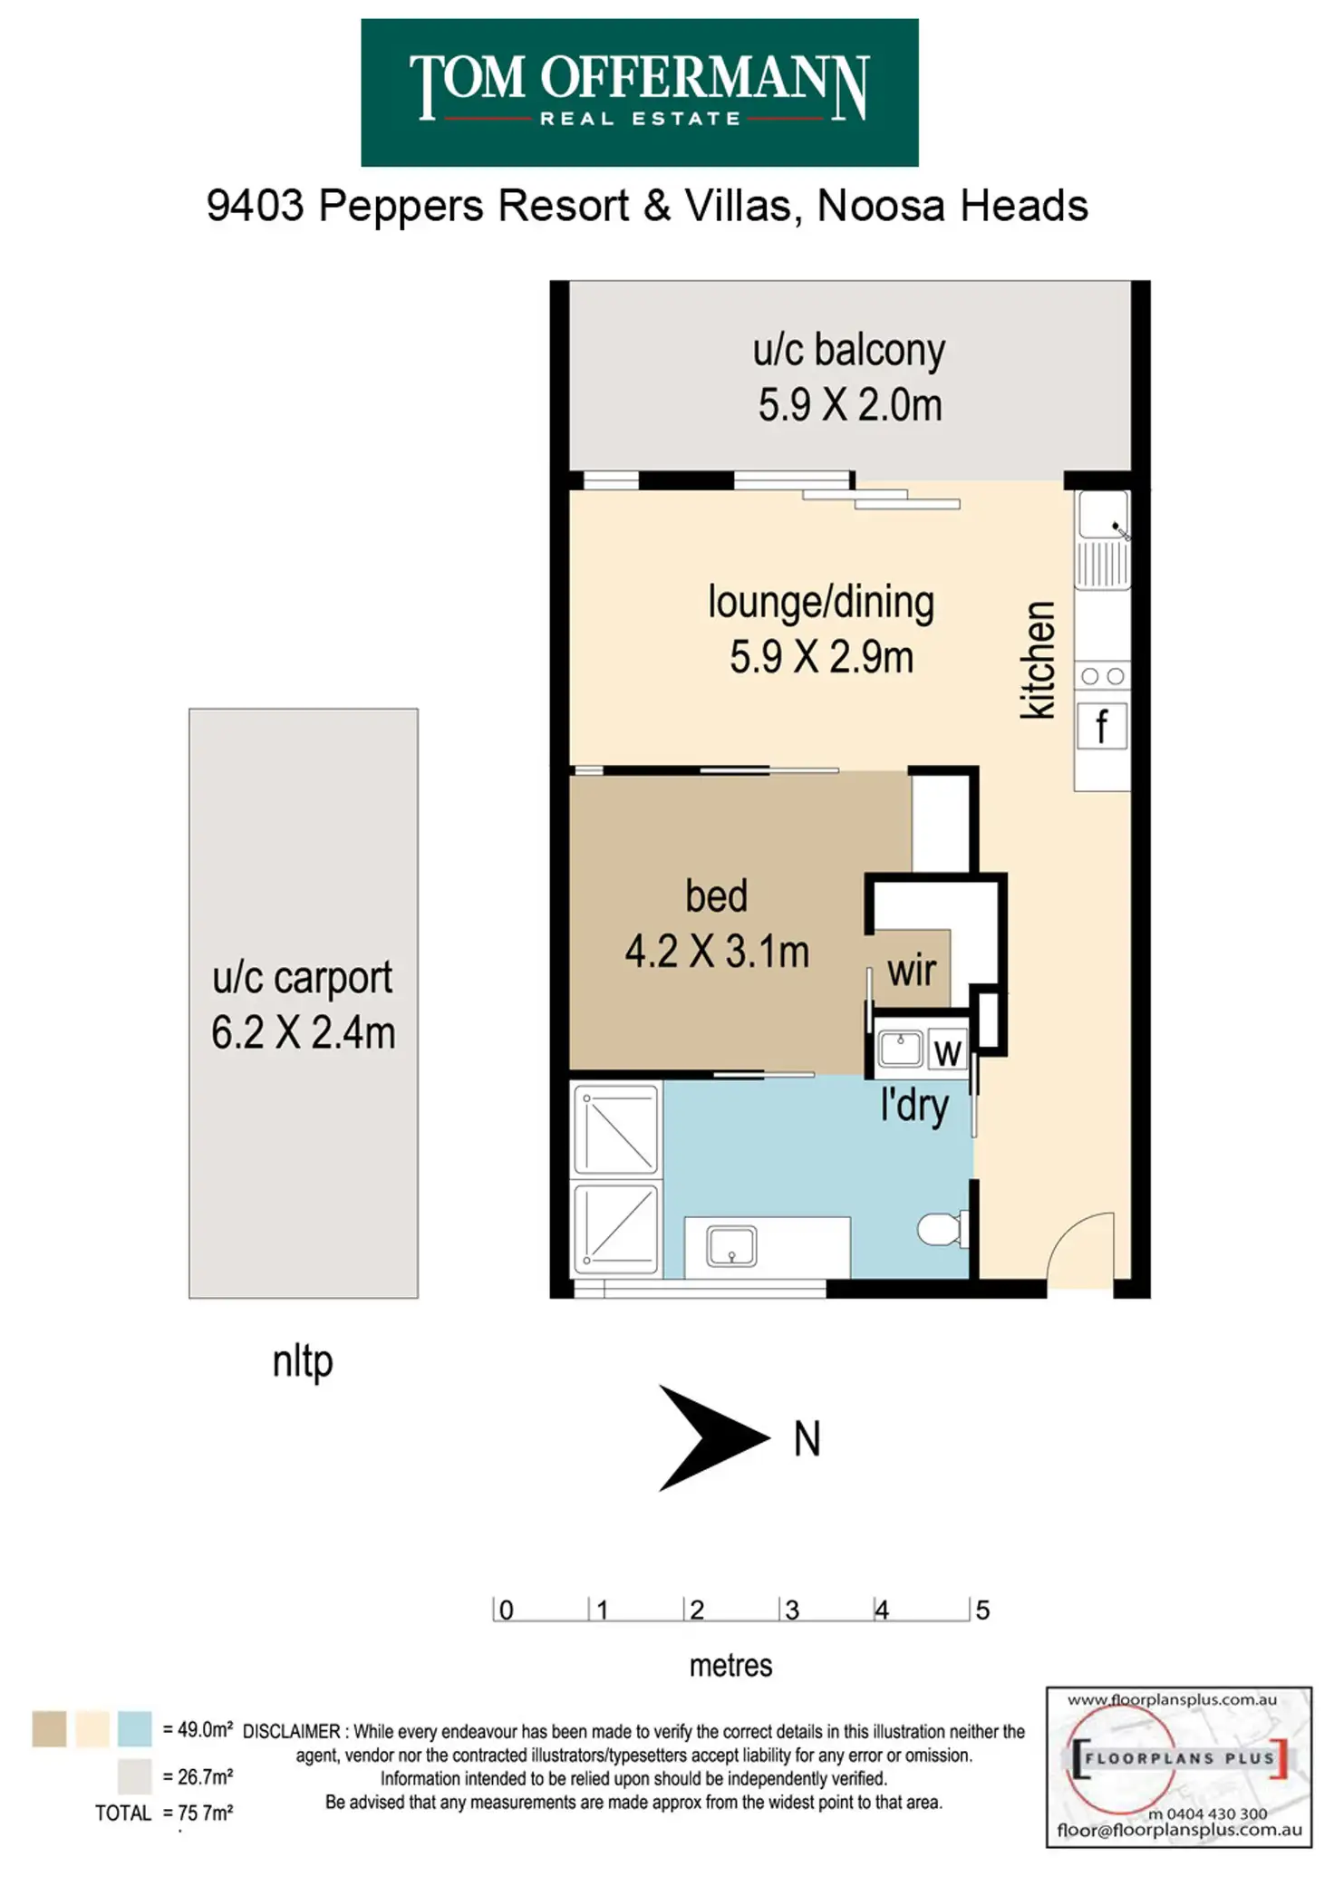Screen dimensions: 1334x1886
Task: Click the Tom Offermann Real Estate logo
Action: click(x=639, y=92)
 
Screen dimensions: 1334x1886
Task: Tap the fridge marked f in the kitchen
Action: click(x=1101, y=726)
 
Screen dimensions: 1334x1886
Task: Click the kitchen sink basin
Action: click(x=1102, y=517)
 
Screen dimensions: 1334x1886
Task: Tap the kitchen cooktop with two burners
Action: click(x=1102, y=676)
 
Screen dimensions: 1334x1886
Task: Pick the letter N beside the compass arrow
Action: click(x=807, y=1439)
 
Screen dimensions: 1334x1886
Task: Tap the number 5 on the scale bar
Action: click(x=982, y=1610)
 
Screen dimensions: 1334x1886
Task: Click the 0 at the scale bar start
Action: click(x=506, y=1610)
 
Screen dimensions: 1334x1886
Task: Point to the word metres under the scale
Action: click(x=730, y=1666)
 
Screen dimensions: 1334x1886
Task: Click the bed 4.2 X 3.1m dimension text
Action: click(x=716, y=952)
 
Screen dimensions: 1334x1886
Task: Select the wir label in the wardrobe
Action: click(x=912, y=971)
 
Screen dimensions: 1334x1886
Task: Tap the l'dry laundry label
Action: click(x=914, y=1107)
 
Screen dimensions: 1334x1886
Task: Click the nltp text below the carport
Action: click(x=303, y=1362)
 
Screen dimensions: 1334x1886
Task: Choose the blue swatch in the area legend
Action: click(x=134, y=1729)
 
